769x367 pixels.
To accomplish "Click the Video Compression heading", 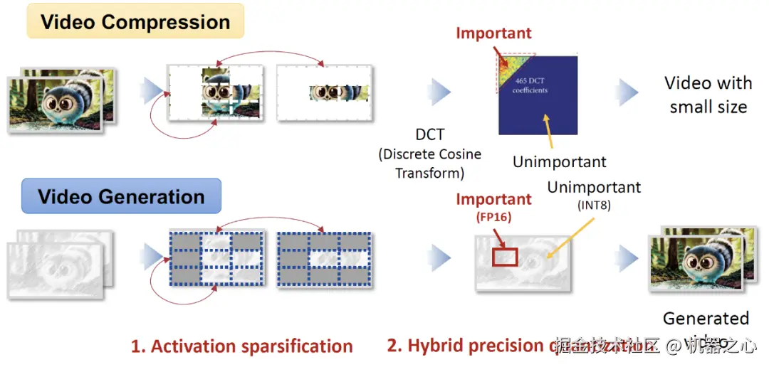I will (135, 21).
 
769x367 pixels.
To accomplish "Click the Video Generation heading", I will (121, 197).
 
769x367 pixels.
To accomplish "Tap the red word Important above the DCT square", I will (493, 33).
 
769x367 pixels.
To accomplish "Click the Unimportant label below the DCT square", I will (560, 162).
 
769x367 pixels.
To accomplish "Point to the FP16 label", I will (493, 216).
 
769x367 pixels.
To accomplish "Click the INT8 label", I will (594, 206).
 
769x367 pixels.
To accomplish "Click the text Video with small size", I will (708, 95).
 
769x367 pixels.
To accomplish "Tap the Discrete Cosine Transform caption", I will (429, 164).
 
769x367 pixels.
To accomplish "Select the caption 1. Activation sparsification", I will (241, 346).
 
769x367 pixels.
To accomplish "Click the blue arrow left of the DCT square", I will (440, 91).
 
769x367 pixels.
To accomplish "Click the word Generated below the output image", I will (706, 318).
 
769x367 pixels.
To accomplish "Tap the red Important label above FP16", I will (493, 199).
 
